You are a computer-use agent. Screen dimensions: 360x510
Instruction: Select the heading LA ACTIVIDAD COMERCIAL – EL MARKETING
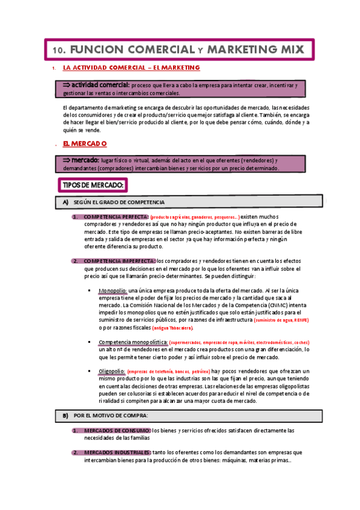(131, 69)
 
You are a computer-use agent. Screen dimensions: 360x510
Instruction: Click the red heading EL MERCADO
(85, 144)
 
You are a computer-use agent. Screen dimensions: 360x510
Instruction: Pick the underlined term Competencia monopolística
(133, 342)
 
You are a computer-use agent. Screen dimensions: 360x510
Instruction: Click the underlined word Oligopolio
(112, 371)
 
